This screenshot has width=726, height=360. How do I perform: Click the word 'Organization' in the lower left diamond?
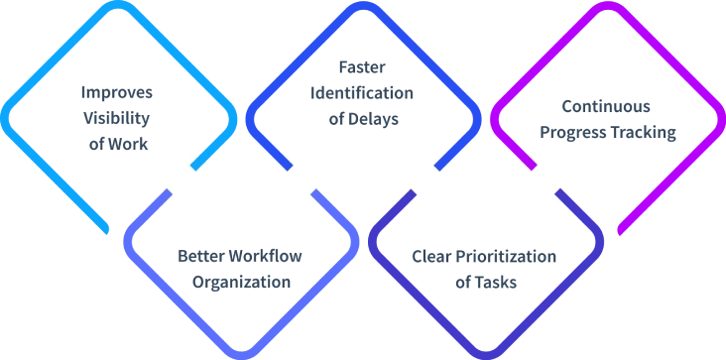241,281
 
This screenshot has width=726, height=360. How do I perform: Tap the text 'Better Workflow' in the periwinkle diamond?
241,255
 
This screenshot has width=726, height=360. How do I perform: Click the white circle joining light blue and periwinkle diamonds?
180,179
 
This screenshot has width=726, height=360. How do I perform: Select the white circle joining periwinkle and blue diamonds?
302,179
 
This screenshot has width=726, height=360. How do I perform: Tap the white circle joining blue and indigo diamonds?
424,179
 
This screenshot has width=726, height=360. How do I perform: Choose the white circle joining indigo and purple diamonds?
546,179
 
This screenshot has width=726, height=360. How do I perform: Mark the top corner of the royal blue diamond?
363,5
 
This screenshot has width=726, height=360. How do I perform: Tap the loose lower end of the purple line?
621,232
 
